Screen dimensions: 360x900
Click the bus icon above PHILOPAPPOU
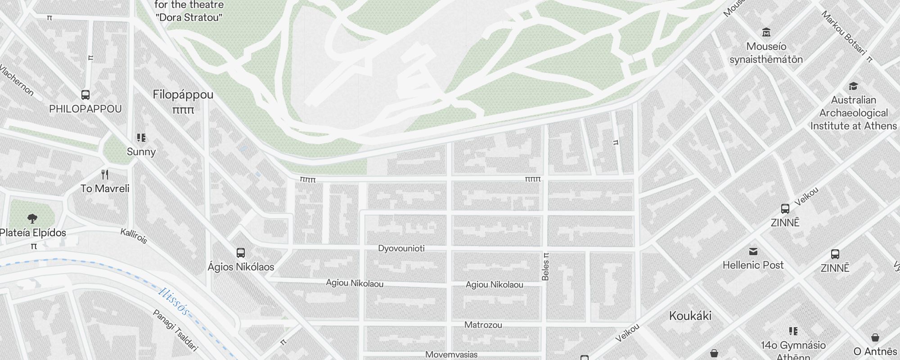tap(85, 95)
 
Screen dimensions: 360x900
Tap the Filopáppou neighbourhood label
tap(183, 95)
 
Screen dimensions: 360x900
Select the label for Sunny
tap(141, 152)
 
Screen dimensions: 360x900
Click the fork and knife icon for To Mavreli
tap(105, 174)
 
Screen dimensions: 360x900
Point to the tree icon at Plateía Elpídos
tap(32, 219)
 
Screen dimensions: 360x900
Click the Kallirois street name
tap(134, 236)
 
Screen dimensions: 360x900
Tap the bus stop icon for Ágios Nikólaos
tap(241, 253)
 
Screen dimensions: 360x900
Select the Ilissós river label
tap(173, 301)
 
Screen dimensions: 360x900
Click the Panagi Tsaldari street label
tap(175, 330)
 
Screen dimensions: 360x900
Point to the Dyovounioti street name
tap(401, 248)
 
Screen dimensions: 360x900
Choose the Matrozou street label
tap(483, 325)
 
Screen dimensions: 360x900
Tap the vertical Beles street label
tap(545, 267)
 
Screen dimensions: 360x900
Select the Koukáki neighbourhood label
tap(690, 316)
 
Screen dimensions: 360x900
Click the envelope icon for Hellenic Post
tap(753, 251)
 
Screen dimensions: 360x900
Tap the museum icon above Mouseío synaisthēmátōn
tap(766, 32)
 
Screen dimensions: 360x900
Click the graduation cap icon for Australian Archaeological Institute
tap(853, 86)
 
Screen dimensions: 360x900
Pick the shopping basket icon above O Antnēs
tap(875, 337)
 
